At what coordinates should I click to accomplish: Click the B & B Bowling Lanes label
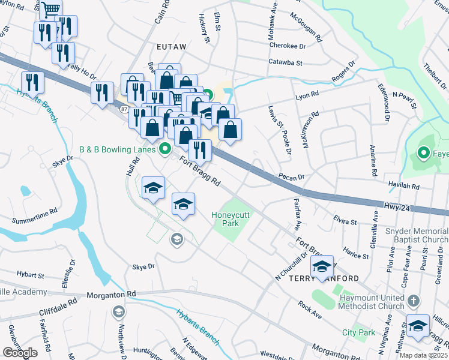(117, 149)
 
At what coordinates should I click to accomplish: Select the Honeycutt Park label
(225, 219)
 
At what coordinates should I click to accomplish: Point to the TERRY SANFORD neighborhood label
(324, 279)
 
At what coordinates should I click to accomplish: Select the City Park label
(358, 332)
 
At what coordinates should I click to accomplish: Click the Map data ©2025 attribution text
(420, 356)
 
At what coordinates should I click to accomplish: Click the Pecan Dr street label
(292, 177)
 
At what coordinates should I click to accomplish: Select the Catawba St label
(285, 62)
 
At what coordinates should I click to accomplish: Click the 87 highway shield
(123, 109)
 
